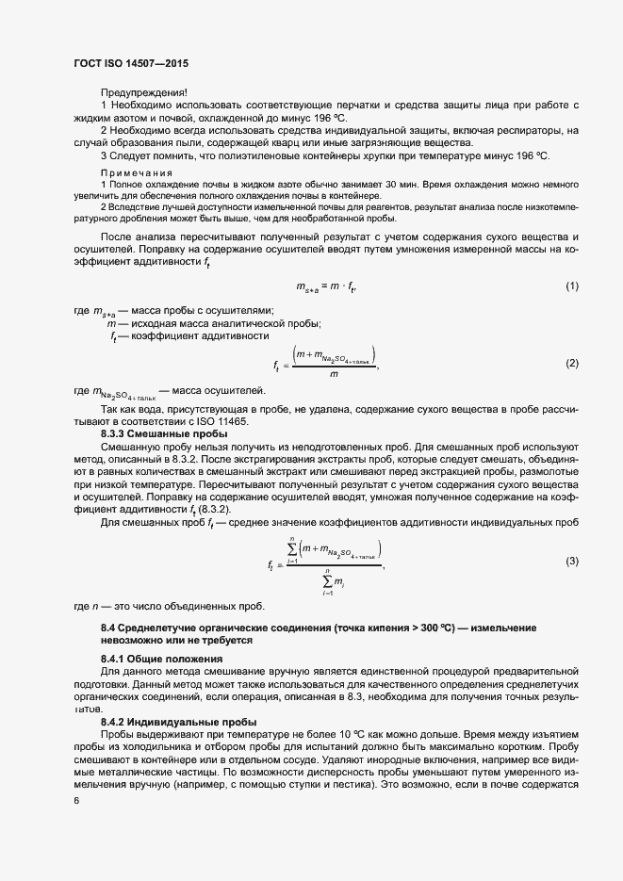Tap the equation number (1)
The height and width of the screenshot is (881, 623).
pyautogui.click(x=571, y=286)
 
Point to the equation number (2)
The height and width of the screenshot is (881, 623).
pyautogui.click(x=571, y=364)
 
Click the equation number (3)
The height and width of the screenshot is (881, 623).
pyautogui.click(x=571, y=561)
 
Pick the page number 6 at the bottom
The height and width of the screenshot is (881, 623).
pyautogui.click(x=76, y=800)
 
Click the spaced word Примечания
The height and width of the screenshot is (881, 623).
pyautogui.click(x=137, y=172)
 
